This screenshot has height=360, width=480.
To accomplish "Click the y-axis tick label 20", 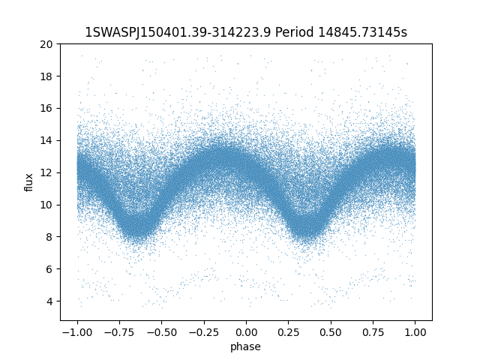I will tap(47, 44).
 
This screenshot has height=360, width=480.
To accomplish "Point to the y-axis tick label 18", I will tap(47, 76).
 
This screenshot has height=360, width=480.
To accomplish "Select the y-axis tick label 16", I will tap(47, 108).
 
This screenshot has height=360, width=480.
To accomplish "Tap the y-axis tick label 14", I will tap(47, 140).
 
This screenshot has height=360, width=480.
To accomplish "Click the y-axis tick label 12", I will tap(47, 172).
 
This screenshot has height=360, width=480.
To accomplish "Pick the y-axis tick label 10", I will tap(47, 205).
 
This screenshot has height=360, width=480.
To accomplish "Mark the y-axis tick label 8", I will tap(50, 237).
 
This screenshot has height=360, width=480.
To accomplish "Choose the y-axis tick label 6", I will tap(50, 268).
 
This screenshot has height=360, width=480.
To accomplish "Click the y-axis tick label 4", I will tap(50, 301).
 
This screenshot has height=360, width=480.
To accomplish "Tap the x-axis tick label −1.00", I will tap(76, 332).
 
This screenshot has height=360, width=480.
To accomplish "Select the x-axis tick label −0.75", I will tap(118, 332).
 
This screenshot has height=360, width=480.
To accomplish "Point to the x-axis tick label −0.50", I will tap(161, 332).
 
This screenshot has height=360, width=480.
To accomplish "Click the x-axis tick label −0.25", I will tap(203, 332).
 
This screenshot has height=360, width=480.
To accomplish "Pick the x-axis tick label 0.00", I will tap(246, 332).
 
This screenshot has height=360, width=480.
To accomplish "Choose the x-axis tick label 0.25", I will tap(289, 332).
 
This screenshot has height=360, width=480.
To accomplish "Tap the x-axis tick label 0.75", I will tap(373, 332).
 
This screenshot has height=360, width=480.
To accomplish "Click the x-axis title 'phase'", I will tap(246, 346).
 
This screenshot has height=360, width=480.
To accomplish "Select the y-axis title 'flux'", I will tap(29, 182).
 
